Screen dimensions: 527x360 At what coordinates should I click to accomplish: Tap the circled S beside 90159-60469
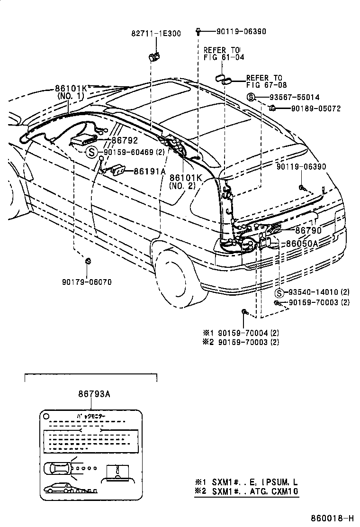pos(92,152)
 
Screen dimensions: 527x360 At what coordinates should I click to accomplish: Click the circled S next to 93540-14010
pos(280,292)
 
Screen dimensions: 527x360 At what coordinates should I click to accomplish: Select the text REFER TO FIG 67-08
pos(264,81)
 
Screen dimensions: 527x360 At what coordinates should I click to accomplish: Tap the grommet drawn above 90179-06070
pos(88,261)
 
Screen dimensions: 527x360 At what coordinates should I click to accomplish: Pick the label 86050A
pos(302,243)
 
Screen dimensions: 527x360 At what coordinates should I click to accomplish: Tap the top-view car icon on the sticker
pos(57,468)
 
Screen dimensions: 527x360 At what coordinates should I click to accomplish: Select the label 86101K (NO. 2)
pos(186,182)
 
